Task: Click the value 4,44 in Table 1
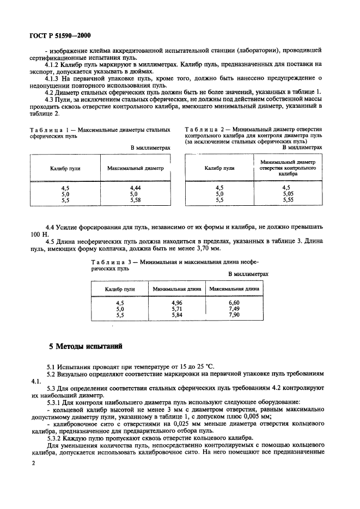click(x=135, y=187)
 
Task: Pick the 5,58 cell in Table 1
click(x=135, y=199)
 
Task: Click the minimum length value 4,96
click(x=176, y=302)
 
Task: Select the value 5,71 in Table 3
click(x=176, y=308)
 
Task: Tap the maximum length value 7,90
click(x=234, y=314)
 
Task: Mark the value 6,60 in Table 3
click(x=234, y=302)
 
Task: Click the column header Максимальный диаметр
click(x=135, y=168)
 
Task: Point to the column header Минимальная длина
click(x=176, y=289)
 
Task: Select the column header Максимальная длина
click(x=234, y=289)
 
